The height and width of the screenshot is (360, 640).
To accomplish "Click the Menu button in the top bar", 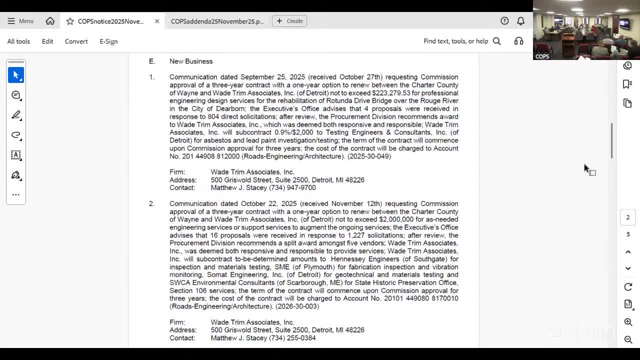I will tap(20, 21).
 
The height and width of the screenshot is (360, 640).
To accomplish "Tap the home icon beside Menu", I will tap(50, 21).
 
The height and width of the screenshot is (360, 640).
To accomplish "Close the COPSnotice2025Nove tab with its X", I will tap(157, 21).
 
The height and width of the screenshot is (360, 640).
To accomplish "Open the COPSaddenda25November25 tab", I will tap(217, 21).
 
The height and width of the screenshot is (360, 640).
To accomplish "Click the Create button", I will tap(289, 21).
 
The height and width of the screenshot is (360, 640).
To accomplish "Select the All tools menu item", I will tap(18, 41).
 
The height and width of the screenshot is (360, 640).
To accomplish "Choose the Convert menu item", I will tap(76, 41).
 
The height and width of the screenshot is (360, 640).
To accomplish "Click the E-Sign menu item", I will tap(108, 41).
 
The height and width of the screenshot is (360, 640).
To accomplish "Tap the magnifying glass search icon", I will tap(497, 41).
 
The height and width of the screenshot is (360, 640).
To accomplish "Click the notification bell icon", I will tap(520, 21).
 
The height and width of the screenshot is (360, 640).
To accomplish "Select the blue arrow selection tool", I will tap(16, 75).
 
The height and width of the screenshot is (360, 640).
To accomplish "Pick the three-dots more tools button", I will tap(16, 194).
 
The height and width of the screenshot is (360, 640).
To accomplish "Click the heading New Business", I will tap(191, 61).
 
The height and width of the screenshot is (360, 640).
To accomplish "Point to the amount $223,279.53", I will tap(391, 93).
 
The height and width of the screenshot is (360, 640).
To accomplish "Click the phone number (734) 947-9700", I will tap(292, 188).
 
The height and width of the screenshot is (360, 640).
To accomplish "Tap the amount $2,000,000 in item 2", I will tap(396, 219).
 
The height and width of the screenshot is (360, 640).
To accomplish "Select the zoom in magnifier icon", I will tap(628, 322).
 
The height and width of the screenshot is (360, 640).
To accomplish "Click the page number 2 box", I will tap(628, 217).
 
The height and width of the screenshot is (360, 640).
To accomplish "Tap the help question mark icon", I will tap(504, 21).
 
